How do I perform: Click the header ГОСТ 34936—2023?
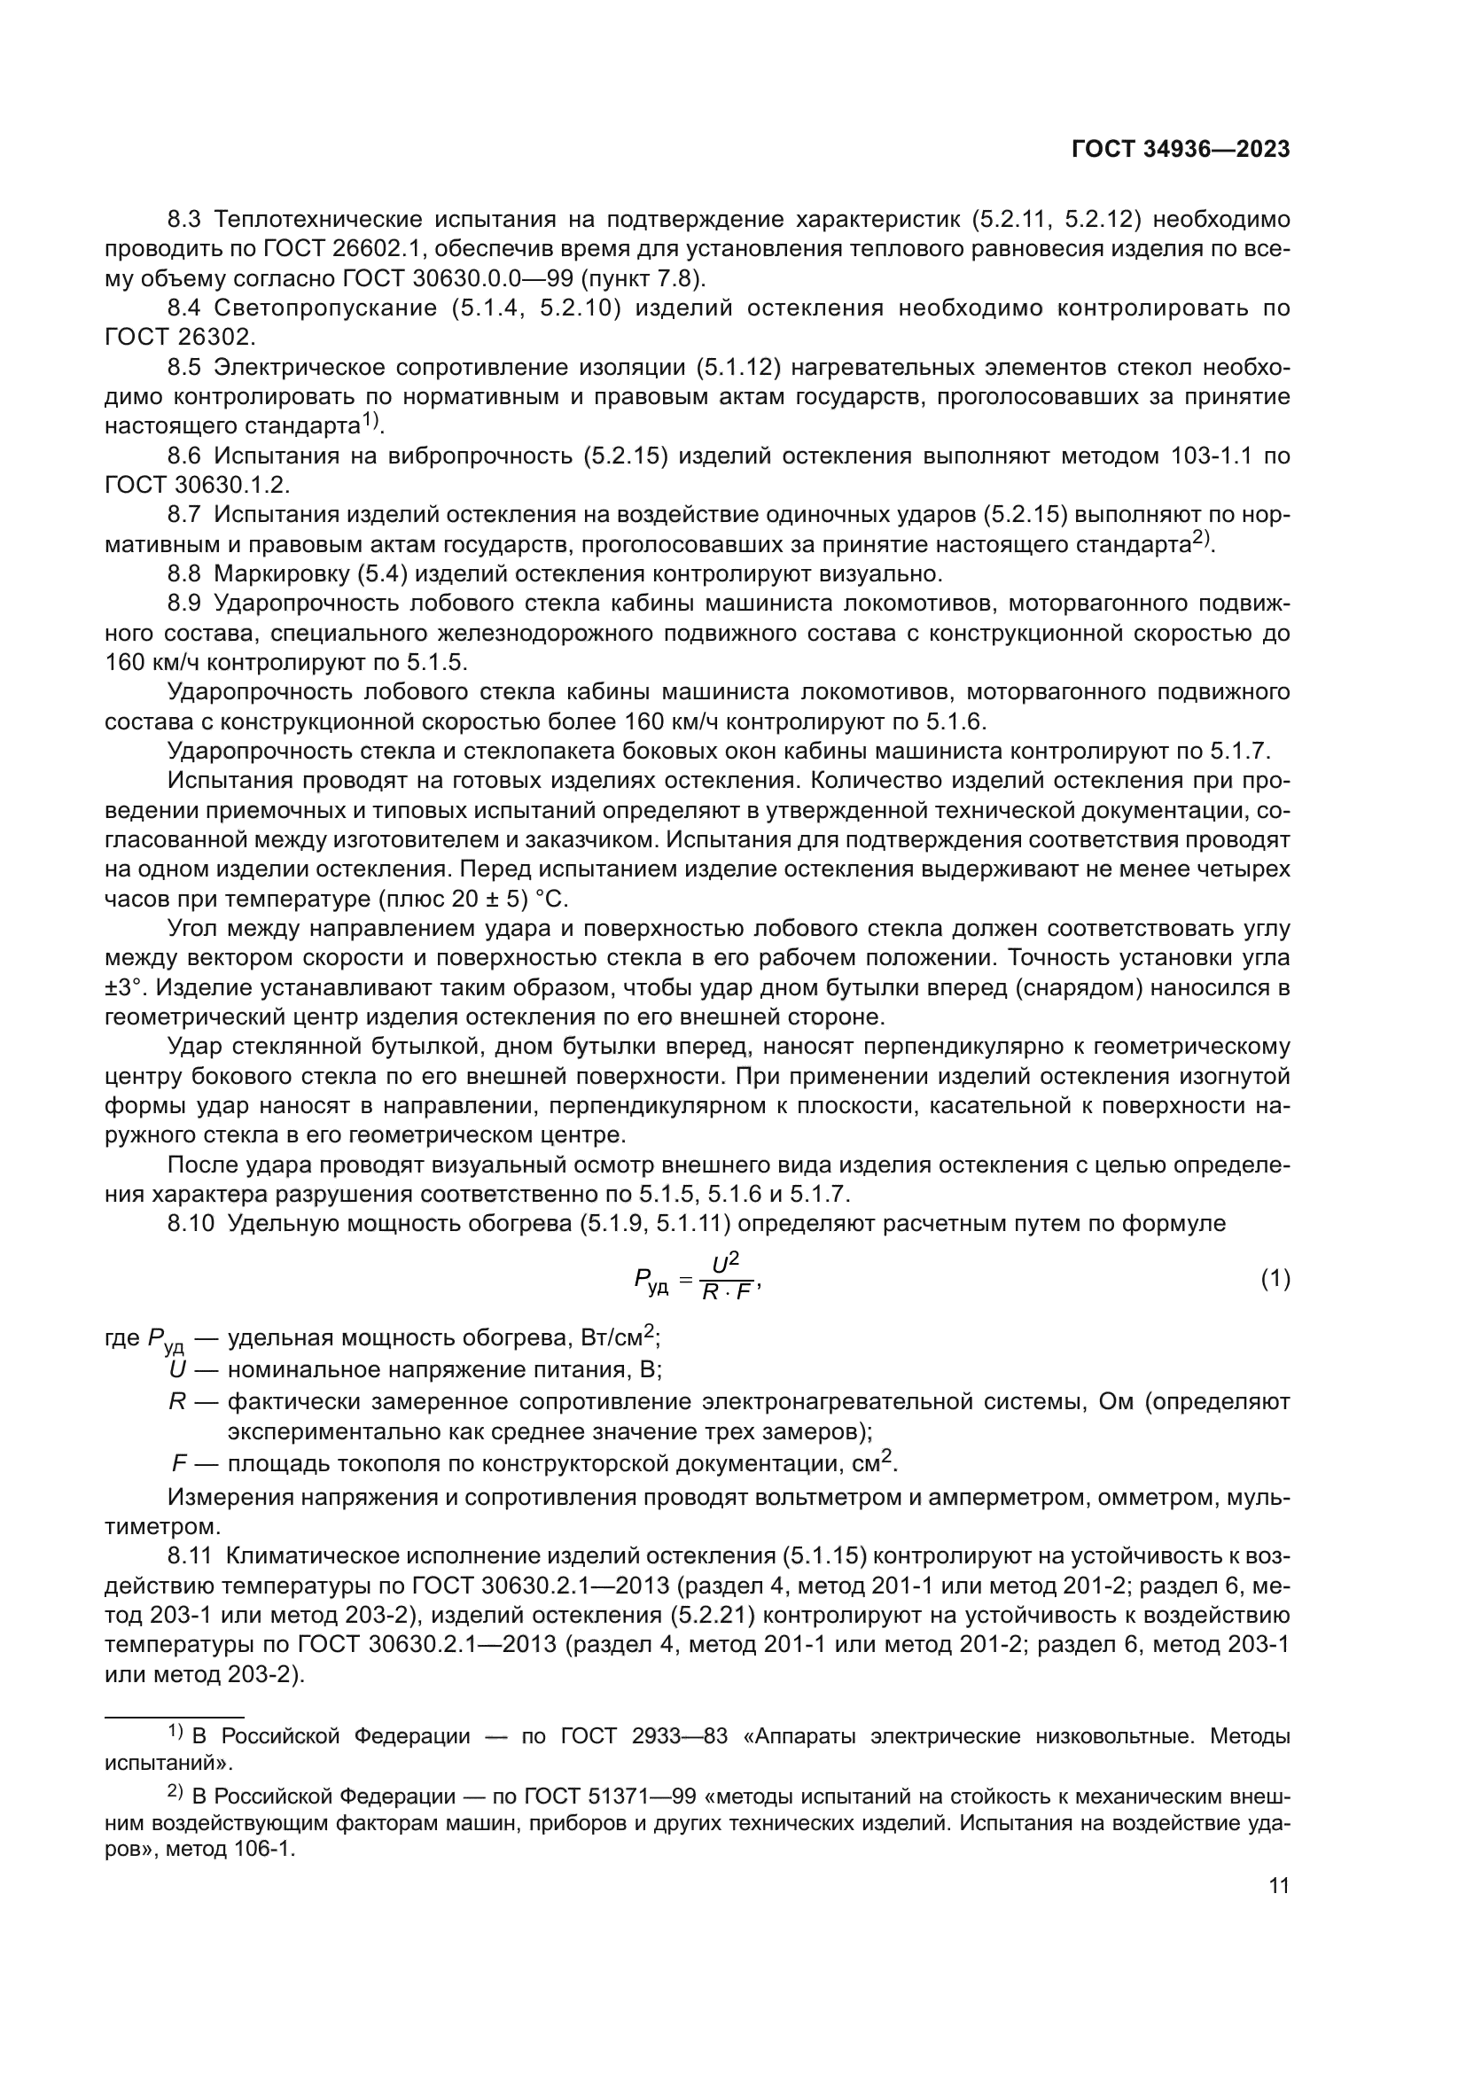1180,150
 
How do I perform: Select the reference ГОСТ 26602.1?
326,249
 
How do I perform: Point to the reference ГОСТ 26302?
181,338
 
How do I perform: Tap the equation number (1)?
1275,1280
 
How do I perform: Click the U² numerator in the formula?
726,1264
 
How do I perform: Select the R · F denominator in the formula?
728,1293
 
